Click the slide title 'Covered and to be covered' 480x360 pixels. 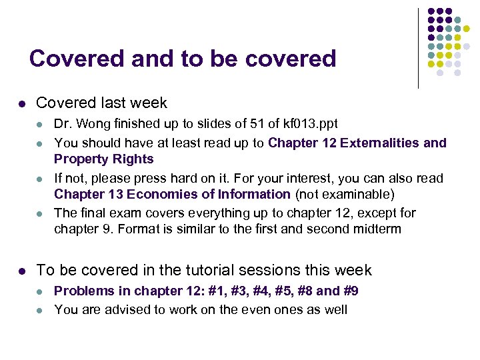pos(182,59)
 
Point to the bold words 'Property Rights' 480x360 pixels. pos(103,159)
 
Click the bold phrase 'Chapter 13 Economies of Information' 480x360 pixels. pos(172,195)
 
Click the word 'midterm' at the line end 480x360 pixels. pos(379,229)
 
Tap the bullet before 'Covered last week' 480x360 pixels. pos(21,104)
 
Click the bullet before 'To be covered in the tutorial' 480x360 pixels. pos(21,271)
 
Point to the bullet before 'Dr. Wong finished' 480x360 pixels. pos(41,125)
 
